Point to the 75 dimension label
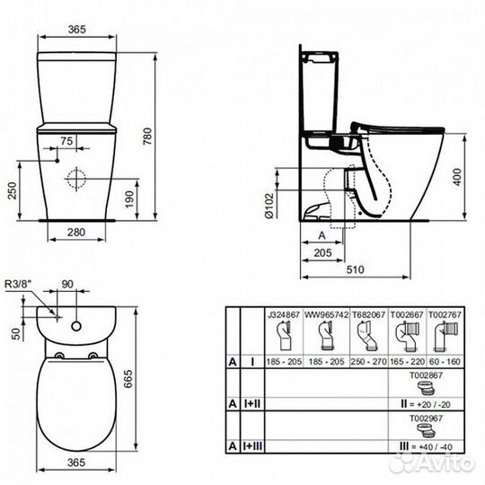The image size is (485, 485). tap(66, 141)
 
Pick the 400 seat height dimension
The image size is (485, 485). tap(457, 176)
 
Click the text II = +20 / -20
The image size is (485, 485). tap(419, 406)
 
